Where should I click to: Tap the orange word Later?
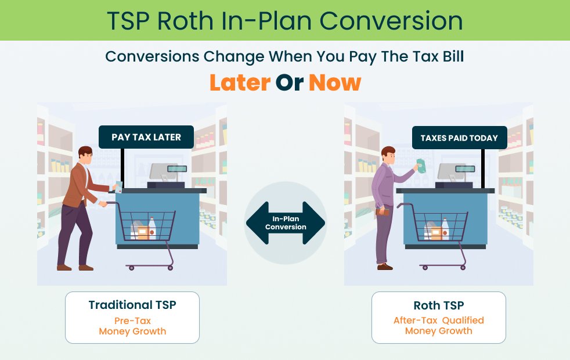(x=239, y=83)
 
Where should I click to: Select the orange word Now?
(x=334, y=83)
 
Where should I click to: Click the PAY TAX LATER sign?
(x=146, y=138)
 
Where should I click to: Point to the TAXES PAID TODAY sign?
(x=459, y=138)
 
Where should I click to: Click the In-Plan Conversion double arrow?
(x=285, y=223)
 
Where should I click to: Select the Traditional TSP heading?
(x=132, y=305)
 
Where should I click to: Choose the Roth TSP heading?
(x=438, y=305)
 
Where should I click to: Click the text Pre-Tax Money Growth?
(x=132, y=326)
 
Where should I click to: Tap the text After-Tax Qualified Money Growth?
(x=438, y=326)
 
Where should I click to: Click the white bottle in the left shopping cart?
(x=152, y=228)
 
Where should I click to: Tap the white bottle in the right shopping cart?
(x=445, y=228)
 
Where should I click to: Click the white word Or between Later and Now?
(x=289, y=83)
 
